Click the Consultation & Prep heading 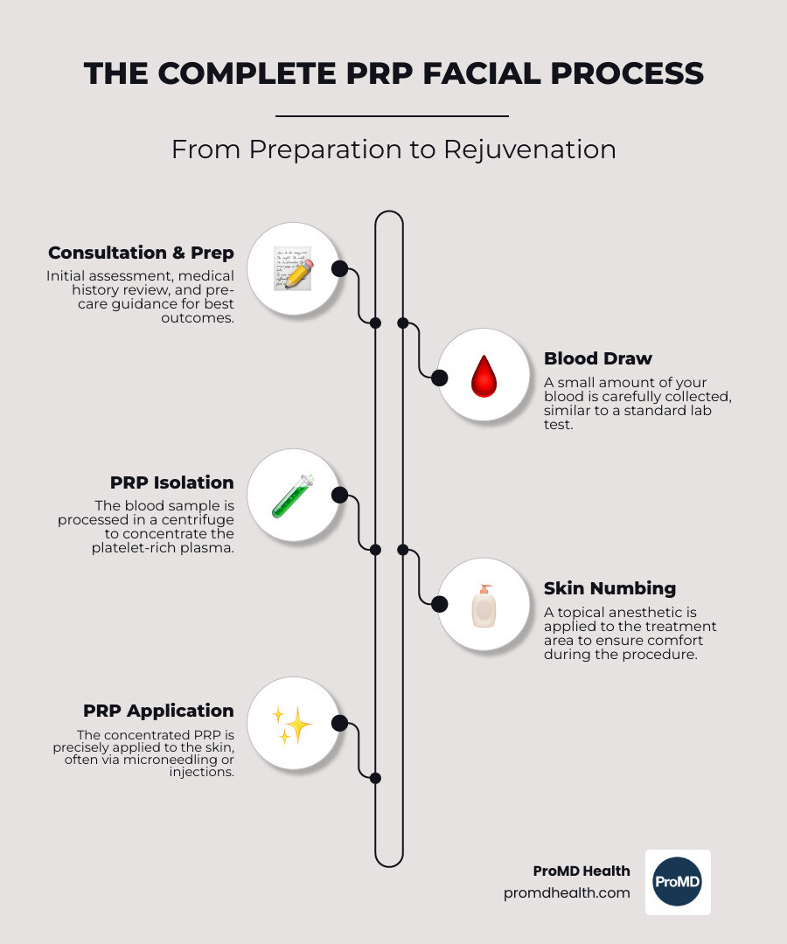point(141,253)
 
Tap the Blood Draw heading point(597,358)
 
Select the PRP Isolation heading point(171,482)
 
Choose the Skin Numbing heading point(609,588)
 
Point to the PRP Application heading point(158,711)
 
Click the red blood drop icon point(484,378)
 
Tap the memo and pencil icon point(293,268)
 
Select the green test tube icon point(293,496)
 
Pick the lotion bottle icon point(484,606)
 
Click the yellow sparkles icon point(293,725)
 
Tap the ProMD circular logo point(678,882)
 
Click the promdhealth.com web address point(567,893)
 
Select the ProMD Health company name point(582,871)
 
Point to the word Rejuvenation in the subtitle point(529,149)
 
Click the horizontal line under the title point(392,115)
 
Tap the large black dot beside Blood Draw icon point(440,378)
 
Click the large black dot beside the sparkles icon point(340,724)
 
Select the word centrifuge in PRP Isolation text point(193,520)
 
